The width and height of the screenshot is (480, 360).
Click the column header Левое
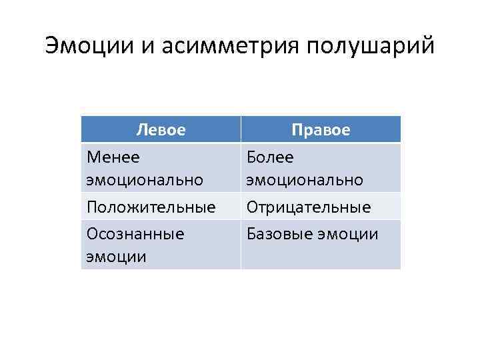[x=161, y=129]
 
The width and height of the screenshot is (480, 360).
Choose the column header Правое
[x=321, y=129]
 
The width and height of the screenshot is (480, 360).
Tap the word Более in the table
[x=270, y=157]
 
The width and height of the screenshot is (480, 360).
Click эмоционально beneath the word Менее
[x=145, y=180]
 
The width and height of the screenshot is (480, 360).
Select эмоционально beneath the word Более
[x=305, y=180]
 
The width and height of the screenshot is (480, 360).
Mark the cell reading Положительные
[x=151, y=207]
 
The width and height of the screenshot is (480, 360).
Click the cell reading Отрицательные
[x=309, y=207]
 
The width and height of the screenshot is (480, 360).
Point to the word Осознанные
[x=135, y=234]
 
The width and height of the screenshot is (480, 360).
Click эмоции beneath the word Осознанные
[x=116, y=257]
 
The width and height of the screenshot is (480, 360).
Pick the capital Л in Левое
[x=141, y=129]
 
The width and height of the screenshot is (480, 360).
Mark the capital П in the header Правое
[x=297, y=129]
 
